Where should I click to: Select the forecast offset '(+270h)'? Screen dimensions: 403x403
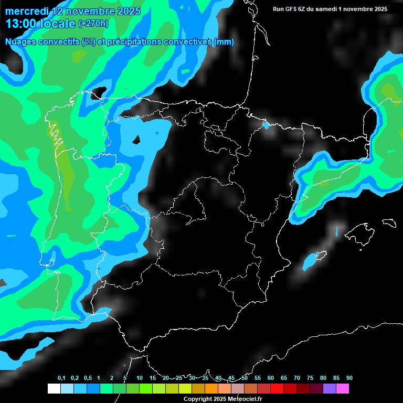(x=93, y=24)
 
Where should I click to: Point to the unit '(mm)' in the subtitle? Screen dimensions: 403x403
(x=224, y=42)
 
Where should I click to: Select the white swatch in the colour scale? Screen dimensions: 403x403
(x=54, y=389)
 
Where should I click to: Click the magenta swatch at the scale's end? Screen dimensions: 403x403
(x=343, y=389)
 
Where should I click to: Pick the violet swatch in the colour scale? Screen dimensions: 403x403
(x=330, y=389)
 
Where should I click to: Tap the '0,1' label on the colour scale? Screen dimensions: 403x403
(x=61, y=378)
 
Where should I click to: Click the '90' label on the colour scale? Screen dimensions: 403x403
(x=349, y=378)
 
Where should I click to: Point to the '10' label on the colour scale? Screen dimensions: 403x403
(x=140, y=378)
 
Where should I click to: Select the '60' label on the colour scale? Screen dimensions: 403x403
(x=271, y=378)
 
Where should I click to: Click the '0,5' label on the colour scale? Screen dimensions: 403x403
(x=88, y=378)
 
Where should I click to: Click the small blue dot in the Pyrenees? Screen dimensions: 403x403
(x=266, y=125)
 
